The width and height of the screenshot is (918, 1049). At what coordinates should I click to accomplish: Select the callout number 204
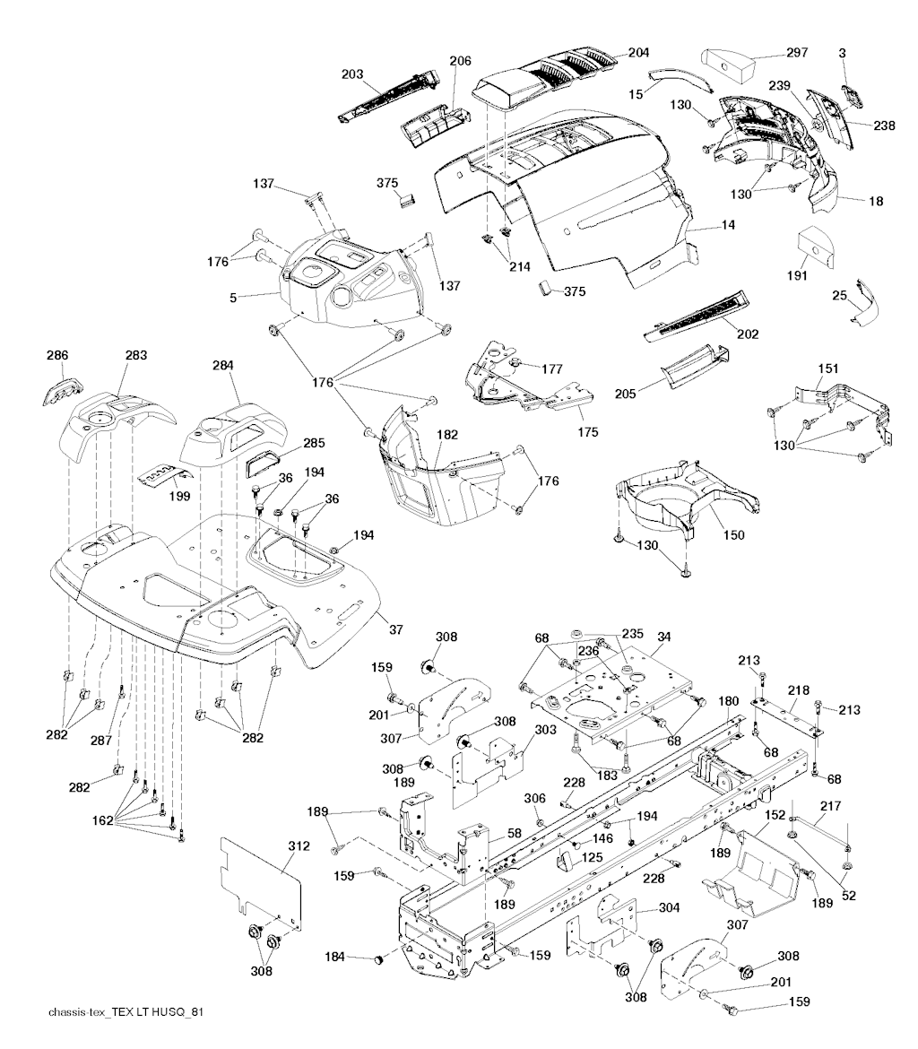639,52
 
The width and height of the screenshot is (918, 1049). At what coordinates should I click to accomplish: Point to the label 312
299,845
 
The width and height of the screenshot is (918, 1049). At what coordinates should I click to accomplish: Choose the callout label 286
56,356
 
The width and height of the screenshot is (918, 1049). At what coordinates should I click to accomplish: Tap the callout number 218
798,690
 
